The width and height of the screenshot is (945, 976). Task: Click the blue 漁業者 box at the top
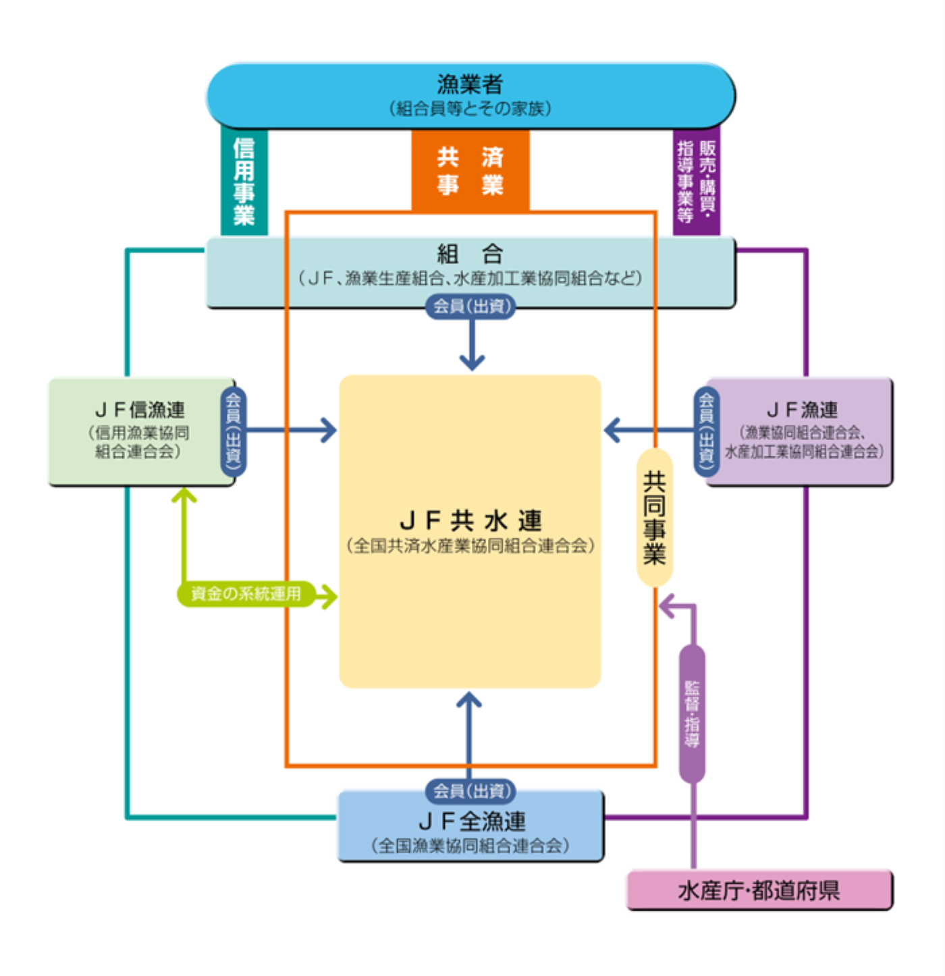(x=470, y=94)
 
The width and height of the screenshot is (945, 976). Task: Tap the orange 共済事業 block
(x=470, y=170)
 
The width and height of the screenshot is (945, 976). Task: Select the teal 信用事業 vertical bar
(x=244, y=182)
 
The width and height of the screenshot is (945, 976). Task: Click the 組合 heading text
(x=470, y=254)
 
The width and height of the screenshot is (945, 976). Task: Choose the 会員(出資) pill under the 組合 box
(x=470, y=306)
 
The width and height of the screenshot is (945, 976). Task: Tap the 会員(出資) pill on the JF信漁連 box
(x=234, y=430)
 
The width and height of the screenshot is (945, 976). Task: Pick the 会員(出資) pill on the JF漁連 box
(x=706, y=430)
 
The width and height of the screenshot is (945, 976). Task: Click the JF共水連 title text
(x=470, y=520)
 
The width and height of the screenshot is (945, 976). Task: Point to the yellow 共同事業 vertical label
(x=654, y=517)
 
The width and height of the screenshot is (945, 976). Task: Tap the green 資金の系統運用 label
(x=246, y=594)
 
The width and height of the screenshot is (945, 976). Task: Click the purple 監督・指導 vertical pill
(x=692, y=713)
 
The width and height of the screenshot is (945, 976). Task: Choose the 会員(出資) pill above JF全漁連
(x=470, y=790)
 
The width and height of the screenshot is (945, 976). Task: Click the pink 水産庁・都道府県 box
(x=759, y=890)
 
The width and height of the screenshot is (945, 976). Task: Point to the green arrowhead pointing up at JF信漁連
(x=184, y=495)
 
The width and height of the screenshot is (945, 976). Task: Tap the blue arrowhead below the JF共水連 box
(x=469, y=700)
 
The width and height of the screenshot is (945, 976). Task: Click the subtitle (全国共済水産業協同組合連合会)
(x=470, y=545)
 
